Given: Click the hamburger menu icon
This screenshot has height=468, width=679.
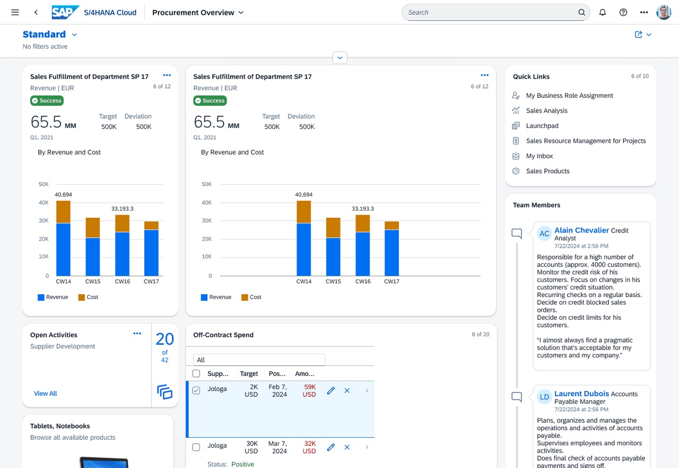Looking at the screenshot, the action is point(15,12).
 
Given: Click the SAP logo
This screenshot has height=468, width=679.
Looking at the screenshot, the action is point(65,12).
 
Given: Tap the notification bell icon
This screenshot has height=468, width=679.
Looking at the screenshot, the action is point(602,12).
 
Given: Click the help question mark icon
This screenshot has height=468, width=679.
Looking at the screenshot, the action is point(623,12).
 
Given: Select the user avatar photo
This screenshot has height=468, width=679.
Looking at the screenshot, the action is point(664,12).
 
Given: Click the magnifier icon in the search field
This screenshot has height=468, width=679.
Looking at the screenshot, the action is point(581,12).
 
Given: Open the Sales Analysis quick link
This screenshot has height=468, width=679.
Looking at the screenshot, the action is point(546,110).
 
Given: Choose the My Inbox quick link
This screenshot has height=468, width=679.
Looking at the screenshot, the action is point(539,156).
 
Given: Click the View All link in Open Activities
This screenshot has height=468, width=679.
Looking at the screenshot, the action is point(46,393).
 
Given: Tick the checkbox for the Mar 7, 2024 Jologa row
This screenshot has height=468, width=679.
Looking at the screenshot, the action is point(196,447).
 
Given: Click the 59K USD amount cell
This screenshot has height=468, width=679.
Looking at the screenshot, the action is point(309,390).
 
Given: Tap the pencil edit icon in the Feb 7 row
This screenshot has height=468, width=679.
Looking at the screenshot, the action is point(330,390).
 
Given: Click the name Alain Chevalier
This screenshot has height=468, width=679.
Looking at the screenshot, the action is point(581,231).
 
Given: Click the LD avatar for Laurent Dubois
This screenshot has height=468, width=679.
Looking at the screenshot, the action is point(544,397).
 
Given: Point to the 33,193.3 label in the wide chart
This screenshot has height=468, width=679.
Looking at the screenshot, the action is point(362,209).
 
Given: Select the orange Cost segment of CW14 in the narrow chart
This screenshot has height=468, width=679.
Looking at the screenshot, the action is point(63,212).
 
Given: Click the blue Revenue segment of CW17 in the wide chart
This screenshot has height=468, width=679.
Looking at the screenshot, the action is point(391,253).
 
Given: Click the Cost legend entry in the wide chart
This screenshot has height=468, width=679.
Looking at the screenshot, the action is point(251,297).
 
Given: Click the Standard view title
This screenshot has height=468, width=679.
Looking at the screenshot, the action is point(44,35).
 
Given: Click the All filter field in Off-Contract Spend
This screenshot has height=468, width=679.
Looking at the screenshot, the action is point(259,360).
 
